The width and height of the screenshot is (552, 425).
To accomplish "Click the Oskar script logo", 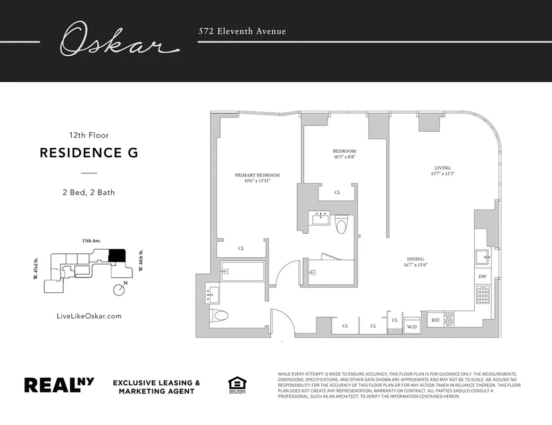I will click(119, 40).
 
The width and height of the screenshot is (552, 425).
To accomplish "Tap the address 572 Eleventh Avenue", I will click(242, 31).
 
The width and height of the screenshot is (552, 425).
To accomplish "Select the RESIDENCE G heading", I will click(89, 153).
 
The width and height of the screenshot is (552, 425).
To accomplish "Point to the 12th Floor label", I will click(89, 135).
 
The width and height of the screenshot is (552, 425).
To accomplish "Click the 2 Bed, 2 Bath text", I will click(89, 192).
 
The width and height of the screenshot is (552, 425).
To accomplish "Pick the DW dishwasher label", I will click(482, 277).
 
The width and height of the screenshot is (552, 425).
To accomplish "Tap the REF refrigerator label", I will click(435, 320).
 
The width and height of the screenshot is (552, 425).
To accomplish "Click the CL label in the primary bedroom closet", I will click(241, 248).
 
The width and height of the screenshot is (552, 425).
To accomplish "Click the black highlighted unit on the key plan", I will click(116, 256).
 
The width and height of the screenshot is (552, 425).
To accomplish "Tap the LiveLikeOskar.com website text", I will click(89, 316).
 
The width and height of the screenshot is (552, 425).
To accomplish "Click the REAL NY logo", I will click(59, 385).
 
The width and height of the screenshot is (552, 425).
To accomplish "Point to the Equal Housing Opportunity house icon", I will click(237, 385).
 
